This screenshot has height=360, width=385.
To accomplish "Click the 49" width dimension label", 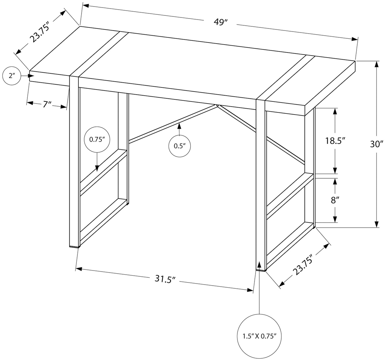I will click(221, 22).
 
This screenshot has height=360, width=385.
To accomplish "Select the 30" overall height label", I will click(376, 144).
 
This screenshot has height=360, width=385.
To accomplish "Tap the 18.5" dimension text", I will click(335, 141).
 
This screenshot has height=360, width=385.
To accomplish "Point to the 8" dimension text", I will click(335, 200).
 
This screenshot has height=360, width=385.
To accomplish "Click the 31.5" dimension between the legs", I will click(165, 279).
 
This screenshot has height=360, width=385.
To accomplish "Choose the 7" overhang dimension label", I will click(47, 104).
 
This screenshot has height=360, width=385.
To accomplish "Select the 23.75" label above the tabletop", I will click(40, 32).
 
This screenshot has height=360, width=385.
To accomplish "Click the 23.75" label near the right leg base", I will click(303, 265).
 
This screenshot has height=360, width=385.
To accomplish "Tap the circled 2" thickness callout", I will click(12, 75).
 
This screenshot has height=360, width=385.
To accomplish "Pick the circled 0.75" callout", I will click(97, 140).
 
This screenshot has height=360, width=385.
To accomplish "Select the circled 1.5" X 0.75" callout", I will click(259, 336).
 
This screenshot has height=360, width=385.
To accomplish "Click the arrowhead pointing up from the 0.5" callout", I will click(179, 126).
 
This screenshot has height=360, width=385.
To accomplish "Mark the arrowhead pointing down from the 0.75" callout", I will click(97, 168).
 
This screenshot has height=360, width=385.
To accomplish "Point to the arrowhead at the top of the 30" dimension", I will click(376, 64).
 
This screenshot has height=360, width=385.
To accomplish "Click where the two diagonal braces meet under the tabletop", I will click(217, 106).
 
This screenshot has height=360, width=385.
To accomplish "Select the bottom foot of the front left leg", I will click(74, 245).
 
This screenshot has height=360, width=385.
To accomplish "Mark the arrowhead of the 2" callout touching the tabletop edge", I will click(31, 75).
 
